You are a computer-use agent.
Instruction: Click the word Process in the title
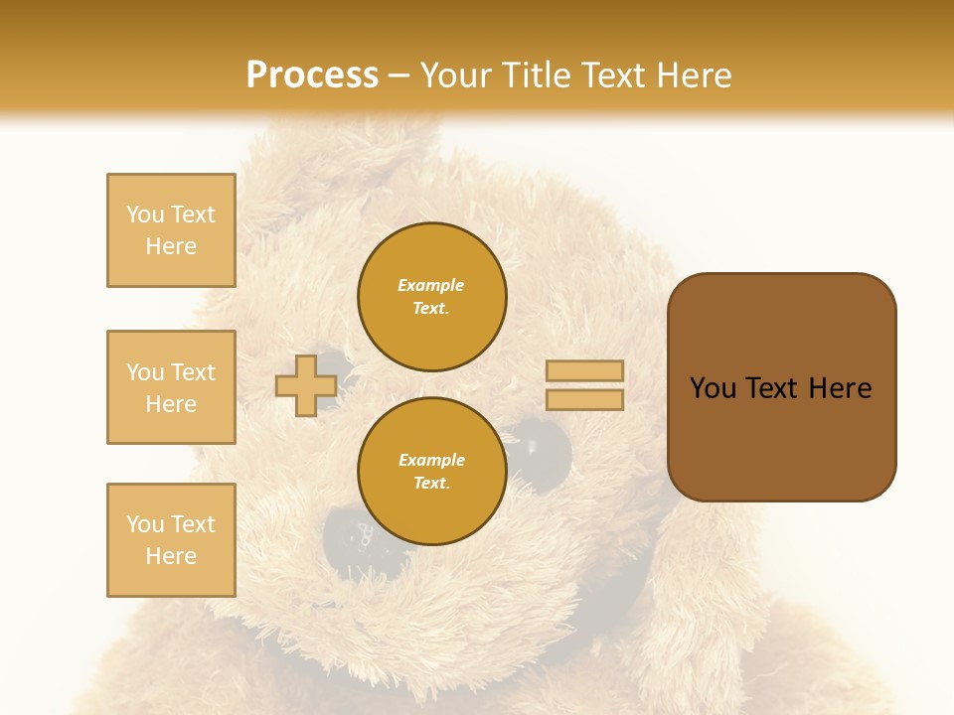point(312,75)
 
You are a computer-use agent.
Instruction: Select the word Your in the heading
point(458,75)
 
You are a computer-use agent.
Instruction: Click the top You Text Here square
point(171,230)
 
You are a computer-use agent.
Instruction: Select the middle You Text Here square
point(171,387)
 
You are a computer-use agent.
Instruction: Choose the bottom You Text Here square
point(171,540)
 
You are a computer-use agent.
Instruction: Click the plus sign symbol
point(305,385)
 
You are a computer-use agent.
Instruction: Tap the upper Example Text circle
point(432,297)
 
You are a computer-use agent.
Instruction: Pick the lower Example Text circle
point(432,472)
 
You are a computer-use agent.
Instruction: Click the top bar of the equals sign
point(584,371)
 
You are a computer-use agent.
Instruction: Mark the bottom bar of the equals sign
point(584,399)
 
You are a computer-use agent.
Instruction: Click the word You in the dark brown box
point(713,388)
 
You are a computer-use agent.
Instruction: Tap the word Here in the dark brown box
point(840,388)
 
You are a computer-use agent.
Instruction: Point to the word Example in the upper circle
point(431,285)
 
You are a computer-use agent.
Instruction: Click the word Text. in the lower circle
point(432,484)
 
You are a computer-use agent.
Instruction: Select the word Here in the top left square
point(171,246)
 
